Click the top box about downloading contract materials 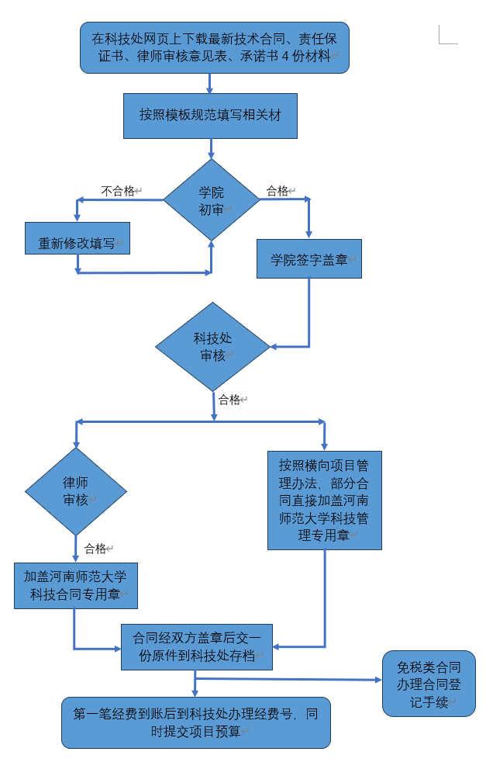215,47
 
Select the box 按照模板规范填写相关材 210,116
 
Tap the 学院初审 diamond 211,200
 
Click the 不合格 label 118,191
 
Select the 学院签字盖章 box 309,258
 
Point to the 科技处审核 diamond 212,347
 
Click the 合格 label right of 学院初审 277,191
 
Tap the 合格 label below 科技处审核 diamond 229,400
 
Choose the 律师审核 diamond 75,491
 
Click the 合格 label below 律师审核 95,549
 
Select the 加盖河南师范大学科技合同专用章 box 76,586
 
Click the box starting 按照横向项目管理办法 324,500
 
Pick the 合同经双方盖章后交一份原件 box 197,646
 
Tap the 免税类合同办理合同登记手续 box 429,684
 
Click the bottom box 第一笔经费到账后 195,722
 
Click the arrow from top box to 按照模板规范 209,84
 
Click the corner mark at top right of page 446,34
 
